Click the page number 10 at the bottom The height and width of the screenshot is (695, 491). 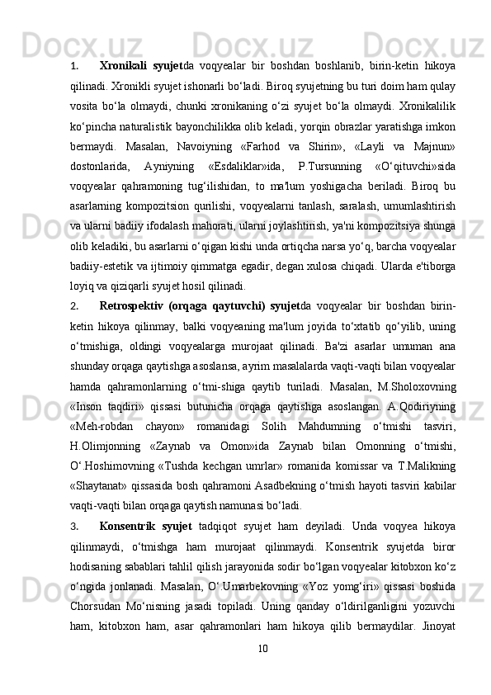262,669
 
